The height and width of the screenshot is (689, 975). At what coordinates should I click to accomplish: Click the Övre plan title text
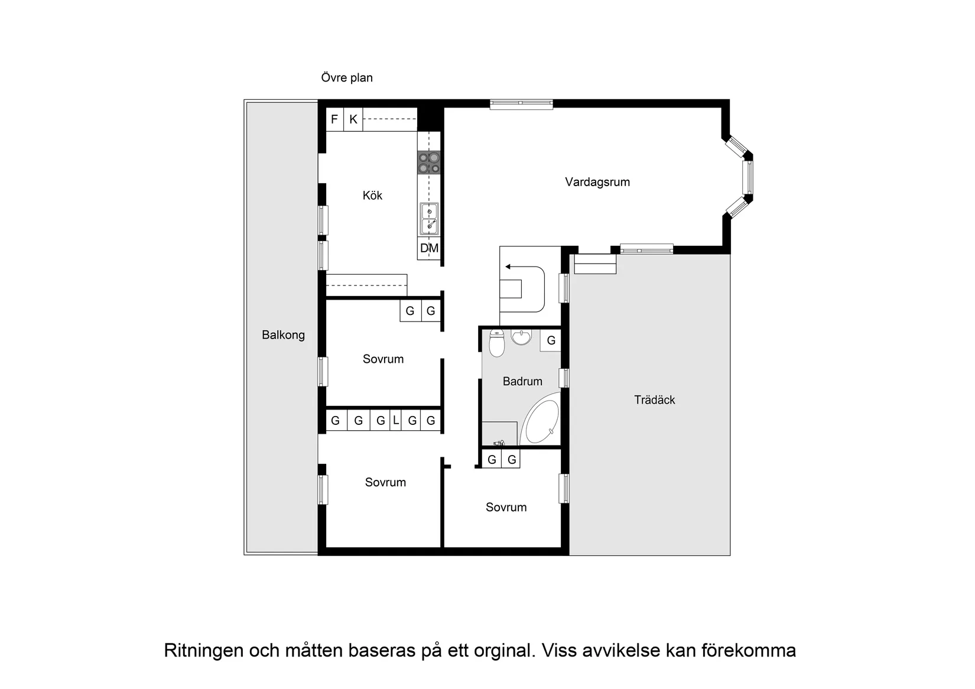[x=347, y=77]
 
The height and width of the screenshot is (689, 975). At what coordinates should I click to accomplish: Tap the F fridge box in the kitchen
[x=334, y=120]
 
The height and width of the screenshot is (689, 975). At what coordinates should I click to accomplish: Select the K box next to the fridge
[x=353, y=120]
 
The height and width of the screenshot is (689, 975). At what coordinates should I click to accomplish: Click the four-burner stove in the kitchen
[x=429, y=162]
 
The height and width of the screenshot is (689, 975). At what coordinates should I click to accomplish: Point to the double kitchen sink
[x=429, y=219]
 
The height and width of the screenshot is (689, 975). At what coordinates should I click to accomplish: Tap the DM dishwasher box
[x=429, y=249]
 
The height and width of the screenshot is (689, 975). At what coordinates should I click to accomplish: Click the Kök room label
[x=372, y=196]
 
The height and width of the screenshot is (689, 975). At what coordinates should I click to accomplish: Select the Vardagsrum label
[x=597, y=182]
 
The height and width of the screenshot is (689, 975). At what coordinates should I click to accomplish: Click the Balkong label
[x=283, y=335]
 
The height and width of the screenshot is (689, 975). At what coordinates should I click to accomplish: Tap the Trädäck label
[x=654, y=400]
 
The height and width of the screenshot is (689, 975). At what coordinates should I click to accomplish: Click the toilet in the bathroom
[x=496, y=343]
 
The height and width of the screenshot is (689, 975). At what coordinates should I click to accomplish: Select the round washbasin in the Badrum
[x=521, y=337]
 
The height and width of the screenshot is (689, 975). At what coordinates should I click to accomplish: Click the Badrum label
[x=522, y=382]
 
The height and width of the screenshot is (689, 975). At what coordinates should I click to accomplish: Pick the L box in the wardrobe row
[x=396, y=421]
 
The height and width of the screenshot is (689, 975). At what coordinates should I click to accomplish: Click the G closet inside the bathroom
[x=551, y=340]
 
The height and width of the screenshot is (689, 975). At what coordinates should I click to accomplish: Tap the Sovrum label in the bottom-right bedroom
[x=506, y=508]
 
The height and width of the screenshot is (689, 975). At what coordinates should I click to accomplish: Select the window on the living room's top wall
[x=521, y=104]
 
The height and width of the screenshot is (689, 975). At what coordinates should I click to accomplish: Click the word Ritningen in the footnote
[x=203, y=651]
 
